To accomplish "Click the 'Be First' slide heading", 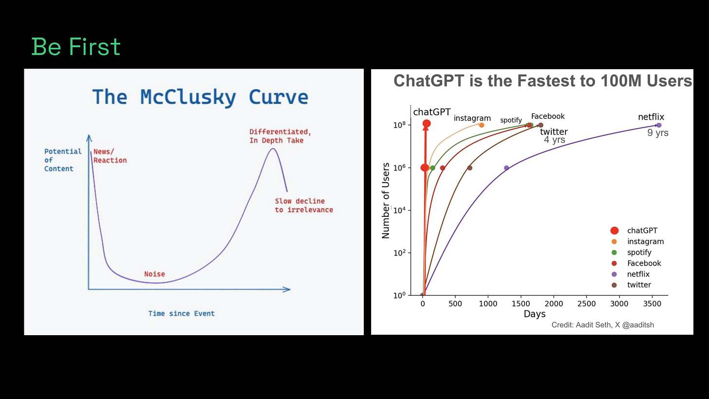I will tap(76, 47).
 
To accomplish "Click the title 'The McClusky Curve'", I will tap(200, 96).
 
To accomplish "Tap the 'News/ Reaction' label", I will tap(110, 156).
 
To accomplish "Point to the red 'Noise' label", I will tap(154, 274).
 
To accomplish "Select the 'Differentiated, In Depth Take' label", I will tap(280, 136).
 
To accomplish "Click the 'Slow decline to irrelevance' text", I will tap(304, 205).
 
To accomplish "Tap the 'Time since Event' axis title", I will tap(181, 313).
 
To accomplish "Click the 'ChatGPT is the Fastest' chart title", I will tap(542, 80).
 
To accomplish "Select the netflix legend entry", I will tap(637, 274).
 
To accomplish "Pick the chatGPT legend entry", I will tap(641, 230).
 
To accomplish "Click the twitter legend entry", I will tap(638, 285).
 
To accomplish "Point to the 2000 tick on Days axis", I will tap(554, 304).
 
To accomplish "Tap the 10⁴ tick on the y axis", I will tap(400, 210).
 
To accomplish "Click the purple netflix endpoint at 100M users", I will tap(659, 125).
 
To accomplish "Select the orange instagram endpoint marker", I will tap(482, 125).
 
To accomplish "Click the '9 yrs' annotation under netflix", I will tap(658, 133).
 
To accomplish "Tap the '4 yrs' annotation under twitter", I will tap(554, 140).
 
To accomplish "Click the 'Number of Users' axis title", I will tap(386, 200).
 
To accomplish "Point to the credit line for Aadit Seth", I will tap(602, 324).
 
